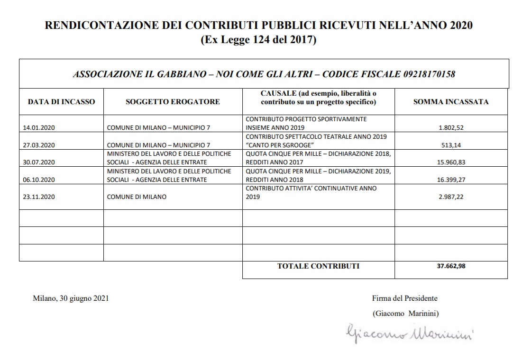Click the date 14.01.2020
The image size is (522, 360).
pos(39,128)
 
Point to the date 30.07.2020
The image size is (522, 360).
pos(39,162)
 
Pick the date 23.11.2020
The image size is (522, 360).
pos(39,197)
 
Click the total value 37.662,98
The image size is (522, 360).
pos(451,266)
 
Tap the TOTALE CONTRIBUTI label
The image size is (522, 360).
pos(318,266)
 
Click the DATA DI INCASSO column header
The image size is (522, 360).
pos(61,101)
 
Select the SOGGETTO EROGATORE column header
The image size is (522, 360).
pos(173,101)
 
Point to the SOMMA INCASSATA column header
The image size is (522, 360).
pos(450,101)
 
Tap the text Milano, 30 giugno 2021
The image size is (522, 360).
pos(71,298)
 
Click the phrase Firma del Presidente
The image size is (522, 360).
pos(405,298)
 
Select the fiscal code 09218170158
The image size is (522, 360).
pos(429,74)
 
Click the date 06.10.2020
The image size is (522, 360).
pos(39,180)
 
